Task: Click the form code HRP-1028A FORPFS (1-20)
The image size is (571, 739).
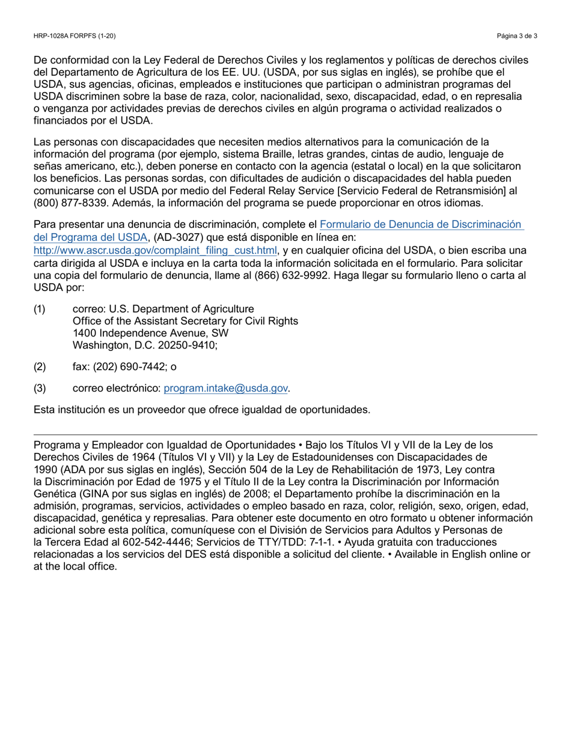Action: click(75, 36)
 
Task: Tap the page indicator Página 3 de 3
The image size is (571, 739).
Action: click(517, 36)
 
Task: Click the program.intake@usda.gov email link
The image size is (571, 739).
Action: click(226, 389)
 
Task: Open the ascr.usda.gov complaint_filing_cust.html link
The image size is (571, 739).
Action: click(156, 251)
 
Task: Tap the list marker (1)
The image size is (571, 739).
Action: click(40, 309)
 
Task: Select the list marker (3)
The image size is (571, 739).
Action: click(40, 389)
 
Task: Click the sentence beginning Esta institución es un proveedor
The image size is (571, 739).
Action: click(202, 410)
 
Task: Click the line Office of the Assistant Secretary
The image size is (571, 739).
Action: click(185, 321)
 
